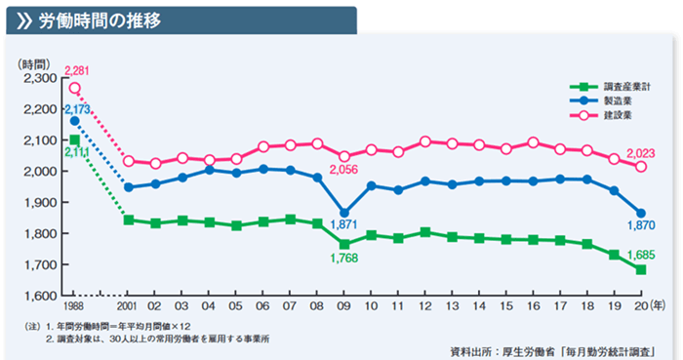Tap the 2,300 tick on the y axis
[x=39, y=78]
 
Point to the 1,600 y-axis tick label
[x=39, y=296]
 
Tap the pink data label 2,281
[x=77, y=70]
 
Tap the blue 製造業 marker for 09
[x=343, y=212]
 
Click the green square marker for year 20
[x=640, y=269]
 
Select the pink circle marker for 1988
[x=75, y=88]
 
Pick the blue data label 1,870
[x=638, y=228]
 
